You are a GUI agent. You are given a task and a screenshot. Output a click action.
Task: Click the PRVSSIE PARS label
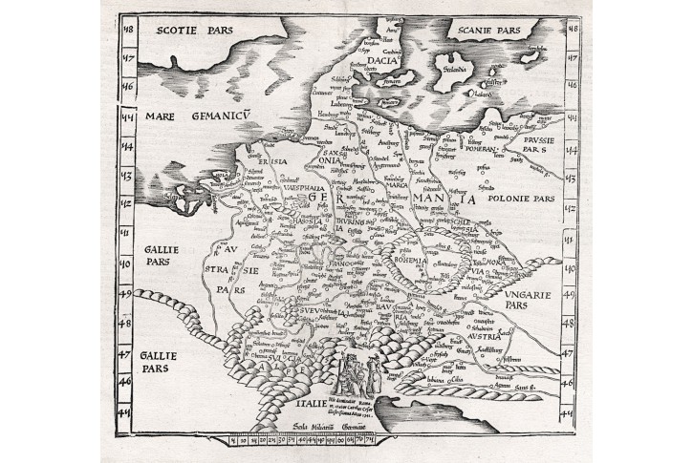point(528,144)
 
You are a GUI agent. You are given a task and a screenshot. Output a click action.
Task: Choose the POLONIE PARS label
point(521,200)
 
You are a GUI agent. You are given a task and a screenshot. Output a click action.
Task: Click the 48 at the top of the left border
point(124,28)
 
